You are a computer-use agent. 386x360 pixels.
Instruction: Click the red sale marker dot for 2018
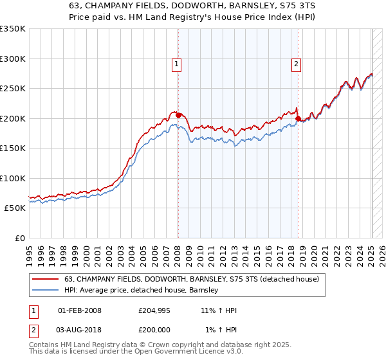pyautogui.click(x=298, y=118)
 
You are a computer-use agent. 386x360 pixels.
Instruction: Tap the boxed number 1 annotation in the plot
pyautogui.click(x=176, y=63)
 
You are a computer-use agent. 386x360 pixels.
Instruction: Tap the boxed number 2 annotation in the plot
pyautogui.click(x=296, y=63)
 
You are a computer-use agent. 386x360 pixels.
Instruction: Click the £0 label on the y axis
pyautogui.click(x=19, y=239)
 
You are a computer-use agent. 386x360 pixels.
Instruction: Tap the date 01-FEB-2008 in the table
pyautogui.click(x=79, y=311)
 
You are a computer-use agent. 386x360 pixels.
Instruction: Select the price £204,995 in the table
pyautogui.click(x=155, y=311)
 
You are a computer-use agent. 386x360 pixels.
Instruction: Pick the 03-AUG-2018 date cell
pyautogui.click(x=79, y=330)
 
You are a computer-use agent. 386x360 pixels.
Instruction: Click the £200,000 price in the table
pyautogui.click(x=155, y=330)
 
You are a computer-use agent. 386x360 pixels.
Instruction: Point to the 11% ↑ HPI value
pyautogui.click(x=219, y=311)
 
